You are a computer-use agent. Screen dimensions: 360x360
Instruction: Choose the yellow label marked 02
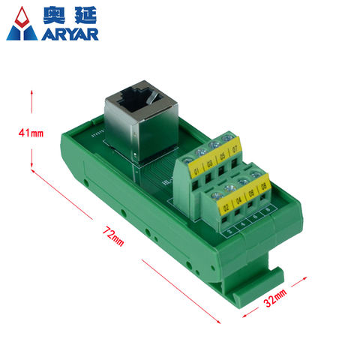[x=226, y=204]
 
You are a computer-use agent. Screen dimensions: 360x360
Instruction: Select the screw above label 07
[x=235, y=138]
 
